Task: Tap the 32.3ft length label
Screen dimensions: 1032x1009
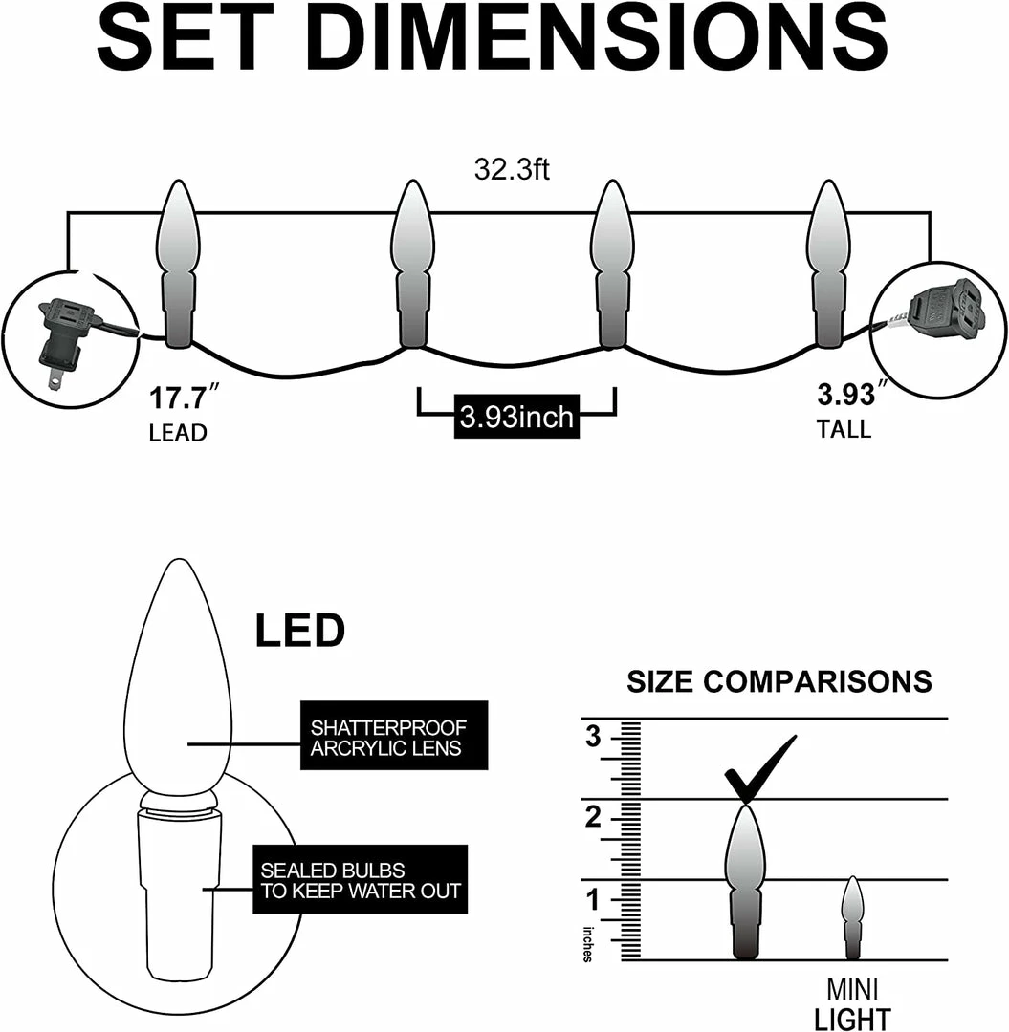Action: pos(512,170)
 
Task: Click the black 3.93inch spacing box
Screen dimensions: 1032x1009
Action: pos(516,418)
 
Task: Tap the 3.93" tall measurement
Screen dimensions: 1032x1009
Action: pos(846,394)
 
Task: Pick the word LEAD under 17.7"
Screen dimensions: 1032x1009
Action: pos(178,433)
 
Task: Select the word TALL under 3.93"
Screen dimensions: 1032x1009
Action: pos(844,430)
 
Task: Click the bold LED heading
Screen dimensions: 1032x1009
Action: pos(299,632)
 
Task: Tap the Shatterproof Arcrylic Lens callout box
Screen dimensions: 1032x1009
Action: pos(393,736)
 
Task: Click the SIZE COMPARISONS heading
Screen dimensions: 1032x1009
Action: pos(779,682)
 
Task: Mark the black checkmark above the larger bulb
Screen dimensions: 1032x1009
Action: pos(759,767)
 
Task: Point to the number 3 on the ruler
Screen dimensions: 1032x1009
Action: pos(594,737)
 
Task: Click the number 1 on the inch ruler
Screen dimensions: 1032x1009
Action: pos(594,900)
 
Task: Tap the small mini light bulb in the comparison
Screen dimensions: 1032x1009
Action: pos(852,916)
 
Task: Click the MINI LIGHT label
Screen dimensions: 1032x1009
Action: pos(853,1003)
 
